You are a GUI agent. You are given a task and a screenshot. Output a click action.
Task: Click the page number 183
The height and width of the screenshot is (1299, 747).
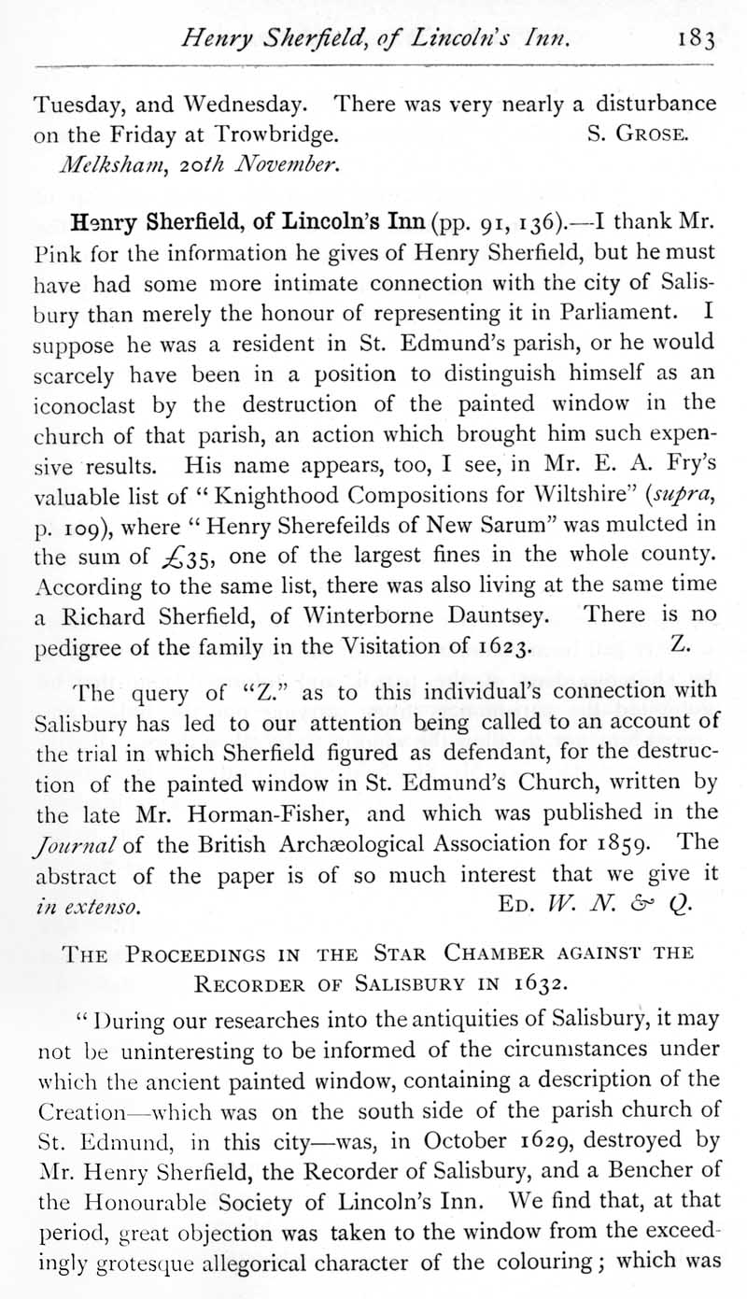[x=697, y=39]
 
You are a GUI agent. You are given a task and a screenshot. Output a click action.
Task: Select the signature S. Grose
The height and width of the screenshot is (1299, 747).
[x=639, y=134]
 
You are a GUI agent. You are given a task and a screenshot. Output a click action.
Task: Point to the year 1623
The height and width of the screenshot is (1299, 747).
[x=502, y=645]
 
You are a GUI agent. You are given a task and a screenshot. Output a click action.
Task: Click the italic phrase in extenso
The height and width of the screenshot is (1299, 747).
[x=88, y=905]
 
